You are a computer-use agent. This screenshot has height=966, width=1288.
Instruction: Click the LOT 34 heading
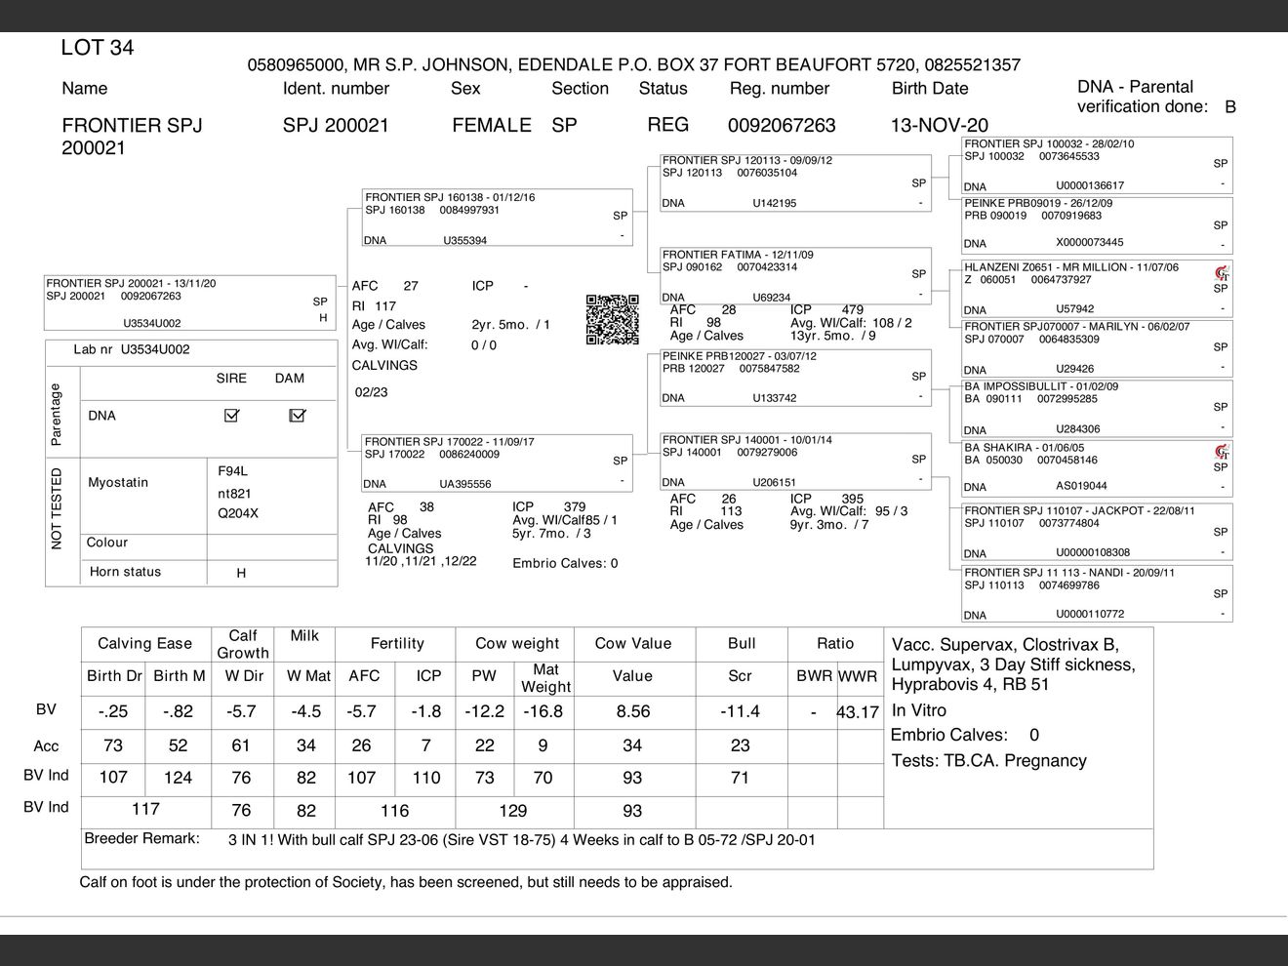pos(98,48)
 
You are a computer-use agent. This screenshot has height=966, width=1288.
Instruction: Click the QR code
pos(612,319)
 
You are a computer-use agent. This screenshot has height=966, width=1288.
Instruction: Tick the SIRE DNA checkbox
pos(231,416)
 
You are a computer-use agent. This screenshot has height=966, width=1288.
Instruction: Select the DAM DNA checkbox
pos(298,416)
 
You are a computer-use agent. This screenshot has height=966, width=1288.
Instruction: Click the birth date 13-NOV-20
pos(939,125)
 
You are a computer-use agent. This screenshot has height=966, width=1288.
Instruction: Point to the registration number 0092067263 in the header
pos(782,125)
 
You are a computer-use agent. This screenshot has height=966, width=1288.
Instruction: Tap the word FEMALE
pos(492,125)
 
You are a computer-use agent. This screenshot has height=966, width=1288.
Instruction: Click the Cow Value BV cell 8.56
pos(632,712)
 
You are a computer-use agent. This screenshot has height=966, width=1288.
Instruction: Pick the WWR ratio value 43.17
pos(858,712)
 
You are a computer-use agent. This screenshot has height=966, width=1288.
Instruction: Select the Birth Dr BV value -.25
pos(113,712)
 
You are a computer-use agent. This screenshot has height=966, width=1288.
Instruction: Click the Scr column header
pos(741,675)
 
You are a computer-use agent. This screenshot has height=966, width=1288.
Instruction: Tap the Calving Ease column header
pos(144,643)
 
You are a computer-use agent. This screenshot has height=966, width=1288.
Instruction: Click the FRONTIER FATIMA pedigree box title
pos(738,255)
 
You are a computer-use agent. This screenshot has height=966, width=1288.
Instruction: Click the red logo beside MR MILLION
pos(1221,273)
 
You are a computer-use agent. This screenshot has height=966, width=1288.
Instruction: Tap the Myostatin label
pos(118,482)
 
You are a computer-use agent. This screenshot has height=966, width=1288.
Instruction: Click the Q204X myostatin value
pos(238,513)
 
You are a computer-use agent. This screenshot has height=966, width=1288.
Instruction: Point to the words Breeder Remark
pos(141,838)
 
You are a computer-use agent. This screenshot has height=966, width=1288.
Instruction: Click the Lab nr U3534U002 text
pos(132,349)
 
